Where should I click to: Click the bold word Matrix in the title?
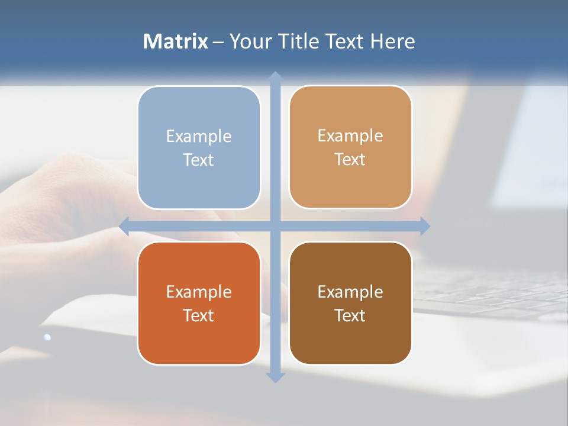point(176,41)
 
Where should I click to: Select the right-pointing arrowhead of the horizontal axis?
point(424,226)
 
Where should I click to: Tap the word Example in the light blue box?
point(199,137)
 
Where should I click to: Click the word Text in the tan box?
point(350,160)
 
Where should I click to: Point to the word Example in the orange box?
point(199,292)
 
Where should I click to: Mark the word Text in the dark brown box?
point(350,316)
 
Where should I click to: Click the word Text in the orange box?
point(199,316)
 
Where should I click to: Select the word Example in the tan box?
point(350,136)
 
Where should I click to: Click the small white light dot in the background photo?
point(47,337)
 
